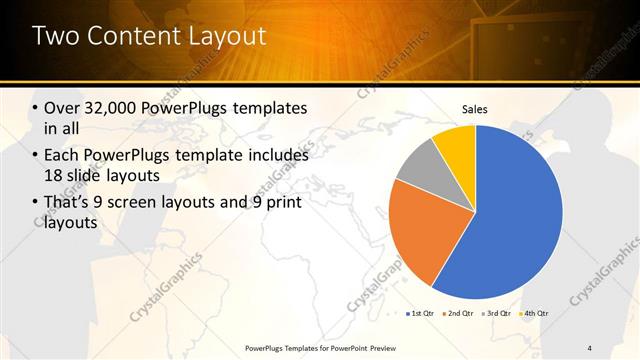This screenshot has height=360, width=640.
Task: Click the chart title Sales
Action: [x=475, y=109]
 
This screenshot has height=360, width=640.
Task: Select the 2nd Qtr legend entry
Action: [x=458, y=314]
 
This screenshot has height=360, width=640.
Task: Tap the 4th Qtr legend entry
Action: [x=534, y=314]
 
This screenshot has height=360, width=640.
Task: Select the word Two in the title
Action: [x=55, y=37]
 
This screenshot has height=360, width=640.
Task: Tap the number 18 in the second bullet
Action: [x=53, y=176]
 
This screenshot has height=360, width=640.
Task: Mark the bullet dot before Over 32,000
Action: [x=36, y=108]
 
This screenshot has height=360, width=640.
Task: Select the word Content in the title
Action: [x=130, y=37]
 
